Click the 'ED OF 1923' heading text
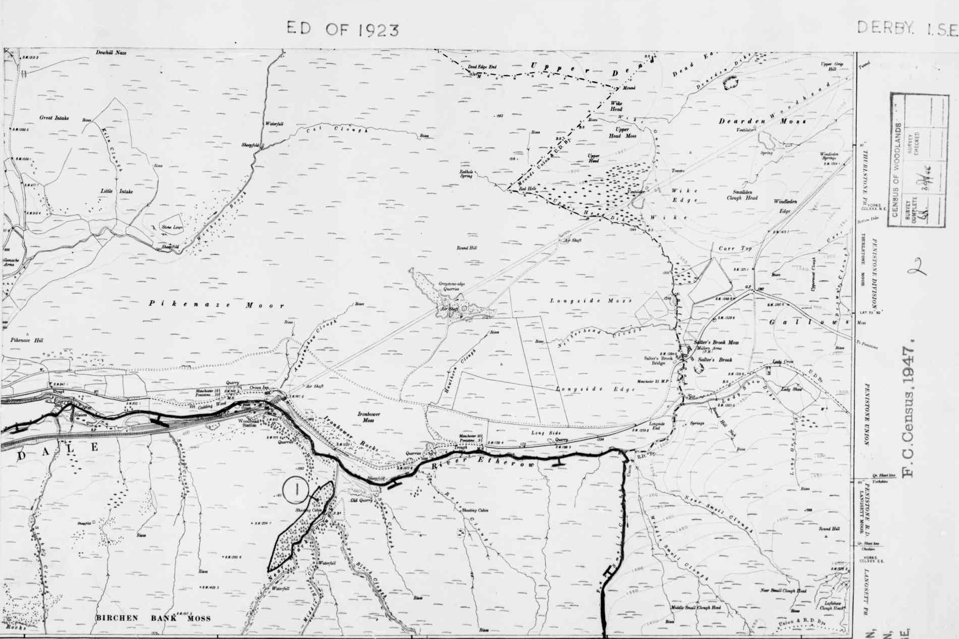click(x=343, y=29)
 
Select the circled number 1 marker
click(x=296, y=489)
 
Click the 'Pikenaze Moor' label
click(x=216, y=305)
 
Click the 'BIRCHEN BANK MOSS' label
click(x=154, y=618)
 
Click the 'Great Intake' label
click(x=54, y=118)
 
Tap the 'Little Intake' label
click(x=117, y=191)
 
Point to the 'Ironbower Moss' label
click(x=368, y=417)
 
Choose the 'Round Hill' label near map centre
click(x=466, y=248)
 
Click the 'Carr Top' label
click(x=734, y=249)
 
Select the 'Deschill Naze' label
click(x=111, y=52)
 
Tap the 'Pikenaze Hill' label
click(x=27, y=340)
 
